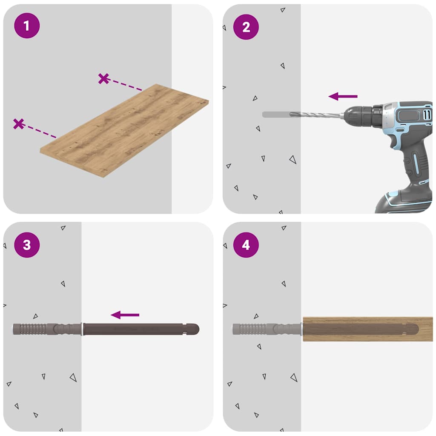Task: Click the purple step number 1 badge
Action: tap(26, 26)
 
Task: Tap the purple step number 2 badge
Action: tap(246, 27)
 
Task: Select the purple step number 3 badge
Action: tap(26, 245)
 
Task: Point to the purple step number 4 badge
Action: tap(246, 245)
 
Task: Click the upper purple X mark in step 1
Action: tap(103, 78)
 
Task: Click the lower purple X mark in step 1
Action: tap(18, 124)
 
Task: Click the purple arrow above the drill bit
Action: tap(343, 97)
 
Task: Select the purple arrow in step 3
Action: tap(125, 315)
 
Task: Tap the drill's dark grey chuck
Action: tap(362, 115)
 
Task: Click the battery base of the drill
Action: tap(404, 202)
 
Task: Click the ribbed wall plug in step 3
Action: tap(34, 329)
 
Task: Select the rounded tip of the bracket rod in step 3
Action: tap(194, 329)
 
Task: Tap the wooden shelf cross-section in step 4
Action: tap(366, 329)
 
